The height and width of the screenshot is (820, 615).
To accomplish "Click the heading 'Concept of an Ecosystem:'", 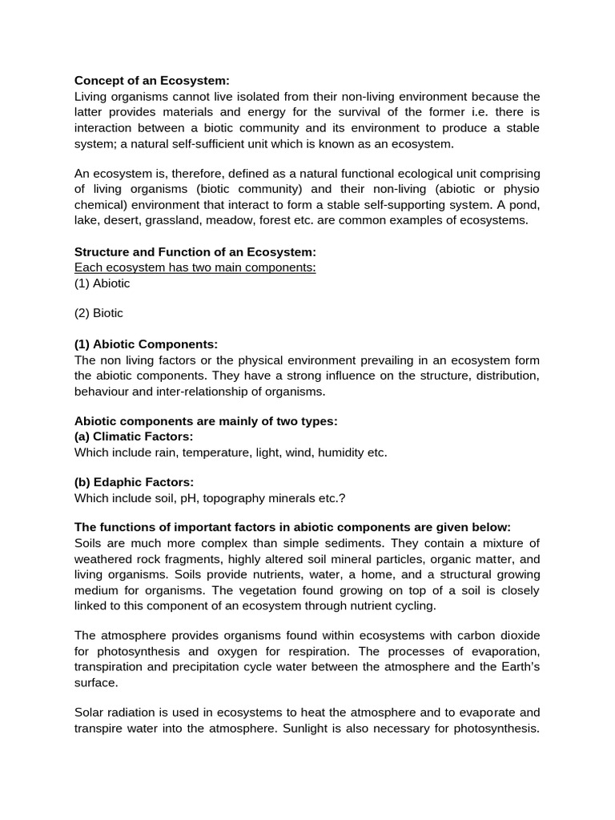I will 152,80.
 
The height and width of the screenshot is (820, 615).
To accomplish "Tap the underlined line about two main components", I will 195,267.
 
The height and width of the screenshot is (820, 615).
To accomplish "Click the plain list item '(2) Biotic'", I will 99,313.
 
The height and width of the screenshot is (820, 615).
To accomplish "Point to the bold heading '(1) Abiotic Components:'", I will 146,344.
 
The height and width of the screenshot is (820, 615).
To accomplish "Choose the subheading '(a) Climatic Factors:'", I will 134,436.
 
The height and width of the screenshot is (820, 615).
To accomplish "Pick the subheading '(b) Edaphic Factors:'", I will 135,482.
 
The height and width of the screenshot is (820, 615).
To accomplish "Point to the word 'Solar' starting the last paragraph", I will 90,712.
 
